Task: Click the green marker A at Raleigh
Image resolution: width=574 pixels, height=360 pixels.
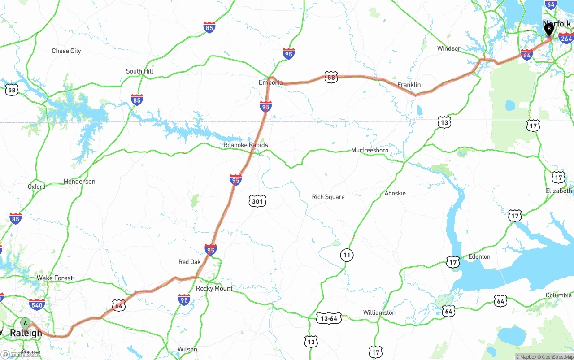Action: tap(26, 323)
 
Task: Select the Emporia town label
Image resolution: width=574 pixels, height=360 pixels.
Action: tap(270, 82)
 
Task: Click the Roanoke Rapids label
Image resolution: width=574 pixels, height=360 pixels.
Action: tap(246, 145)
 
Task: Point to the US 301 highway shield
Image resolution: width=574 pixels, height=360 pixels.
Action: tap(257, 201)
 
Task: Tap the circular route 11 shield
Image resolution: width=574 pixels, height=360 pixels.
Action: tap(347, 255)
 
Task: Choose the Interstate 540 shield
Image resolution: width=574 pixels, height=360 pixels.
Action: tap(37, 305)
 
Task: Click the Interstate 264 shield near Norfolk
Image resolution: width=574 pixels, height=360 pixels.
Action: tap(566, 39)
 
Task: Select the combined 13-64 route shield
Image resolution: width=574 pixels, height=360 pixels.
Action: tap(329, 318)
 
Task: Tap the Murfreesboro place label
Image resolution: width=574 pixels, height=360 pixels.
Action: tap(370, 150)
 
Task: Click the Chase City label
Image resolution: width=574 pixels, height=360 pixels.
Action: tap(66, 51)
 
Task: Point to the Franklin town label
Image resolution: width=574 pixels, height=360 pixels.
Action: tap(409, 85)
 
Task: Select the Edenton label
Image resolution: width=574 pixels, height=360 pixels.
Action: tap(479, 256)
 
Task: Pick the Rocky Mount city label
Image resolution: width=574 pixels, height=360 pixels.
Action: tap(214, 288)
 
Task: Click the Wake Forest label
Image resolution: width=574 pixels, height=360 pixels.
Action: tap(55, 278)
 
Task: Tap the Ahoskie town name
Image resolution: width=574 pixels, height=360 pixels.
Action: tap(395, 193)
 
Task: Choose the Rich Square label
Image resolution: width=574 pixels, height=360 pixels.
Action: tap(328, 197)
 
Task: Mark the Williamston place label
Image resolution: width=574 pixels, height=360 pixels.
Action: tap(379, 312)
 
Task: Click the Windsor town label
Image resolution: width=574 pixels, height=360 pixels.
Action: tap(448, 48)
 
